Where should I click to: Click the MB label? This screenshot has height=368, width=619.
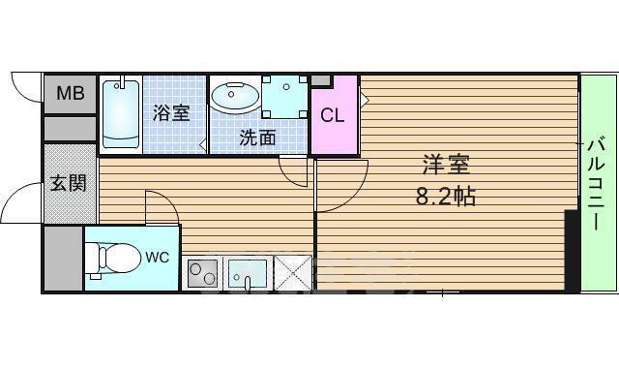[71, 93]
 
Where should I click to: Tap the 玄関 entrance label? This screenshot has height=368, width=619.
[69, 183]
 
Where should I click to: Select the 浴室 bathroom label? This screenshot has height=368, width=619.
[171, 113]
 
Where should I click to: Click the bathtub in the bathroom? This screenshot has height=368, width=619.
[121, 114]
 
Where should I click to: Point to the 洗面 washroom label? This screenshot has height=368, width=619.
[258, 138]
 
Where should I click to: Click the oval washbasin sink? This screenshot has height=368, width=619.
[235, 97]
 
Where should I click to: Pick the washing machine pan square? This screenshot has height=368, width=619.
[284, 97]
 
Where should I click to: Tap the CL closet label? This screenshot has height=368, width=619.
[332, 115]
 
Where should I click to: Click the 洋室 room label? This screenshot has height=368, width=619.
[446, 165]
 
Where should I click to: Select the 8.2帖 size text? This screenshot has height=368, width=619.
[446, 196]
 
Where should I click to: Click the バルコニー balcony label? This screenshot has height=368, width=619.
[597, 183]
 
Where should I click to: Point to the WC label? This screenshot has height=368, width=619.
[157, 258]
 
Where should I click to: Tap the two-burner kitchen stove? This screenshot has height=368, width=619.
[202, 273]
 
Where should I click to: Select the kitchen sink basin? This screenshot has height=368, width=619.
[248, 273]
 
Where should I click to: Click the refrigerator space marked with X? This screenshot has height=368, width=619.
[293, 273]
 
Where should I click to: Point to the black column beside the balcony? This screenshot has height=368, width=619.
[572, 252]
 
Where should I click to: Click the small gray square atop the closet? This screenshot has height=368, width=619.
[321, 80]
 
